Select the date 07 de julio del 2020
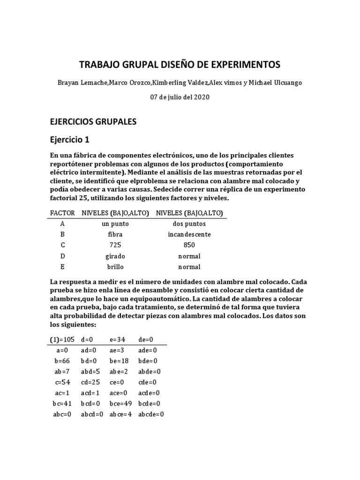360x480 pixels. pos(180,97)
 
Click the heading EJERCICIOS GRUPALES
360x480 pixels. pos(93,121)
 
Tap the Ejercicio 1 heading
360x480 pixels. pos(69,140)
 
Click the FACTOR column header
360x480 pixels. pos(62,213)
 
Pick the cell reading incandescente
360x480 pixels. pos(189,234)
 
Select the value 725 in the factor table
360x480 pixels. pos(115,245)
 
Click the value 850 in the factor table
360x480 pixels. pos(189,245)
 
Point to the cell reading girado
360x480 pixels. pos(115,256)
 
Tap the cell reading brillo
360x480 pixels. pos(115,267)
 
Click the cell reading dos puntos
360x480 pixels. pos(189,224)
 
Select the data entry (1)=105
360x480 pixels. pos(62,339)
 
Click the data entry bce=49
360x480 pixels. pos(120,404)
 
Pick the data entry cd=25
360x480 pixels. pos(91,382)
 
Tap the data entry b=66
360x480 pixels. pos(62,361)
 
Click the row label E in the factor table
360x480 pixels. pos(62,267)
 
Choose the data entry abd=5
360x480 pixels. pos(91,372)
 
